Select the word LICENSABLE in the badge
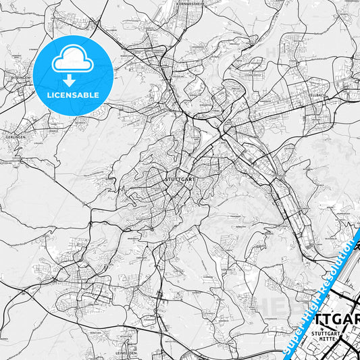72,95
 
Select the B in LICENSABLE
87,95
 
